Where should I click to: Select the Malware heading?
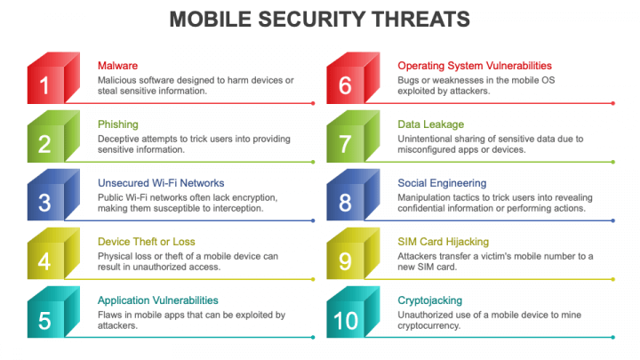click(x=117, y=66)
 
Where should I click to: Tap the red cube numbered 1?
click(x=53, y=78)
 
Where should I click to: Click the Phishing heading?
click(x=118, y=124)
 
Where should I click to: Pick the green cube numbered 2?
click(x=53, y=136)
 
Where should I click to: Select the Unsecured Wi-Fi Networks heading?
click(x=161, y=183)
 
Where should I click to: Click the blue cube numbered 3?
click(x=53, y=195)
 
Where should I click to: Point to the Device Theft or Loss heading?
click(x=146, y=242)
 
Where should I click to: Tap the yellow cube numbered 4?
click(x=53, y=253)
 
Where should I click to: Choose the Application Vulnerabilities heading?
click(x=158, y=300)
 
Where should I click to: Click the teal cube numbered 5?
click(x=53, y=312)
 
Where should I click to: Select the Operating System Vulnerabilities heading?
click(x=475, y=66)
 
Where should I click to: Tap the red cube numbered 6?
click(x=354, y=78)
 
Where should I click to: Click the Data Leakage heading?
click(x=430, y=124)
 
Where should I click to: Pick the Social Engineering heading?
click(x=442, y=183)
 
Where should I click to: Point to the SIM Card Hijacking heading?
click(x=444, y=242)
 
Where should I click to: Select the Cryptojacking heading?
click(x=430, y=300)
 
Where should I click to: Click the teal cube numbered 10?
click(x=354, y=312)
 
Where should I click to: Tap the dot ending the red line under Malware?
click(x=313, y=103)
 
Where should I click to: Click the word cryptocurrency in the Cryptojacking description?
click(x=429, y=325)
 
